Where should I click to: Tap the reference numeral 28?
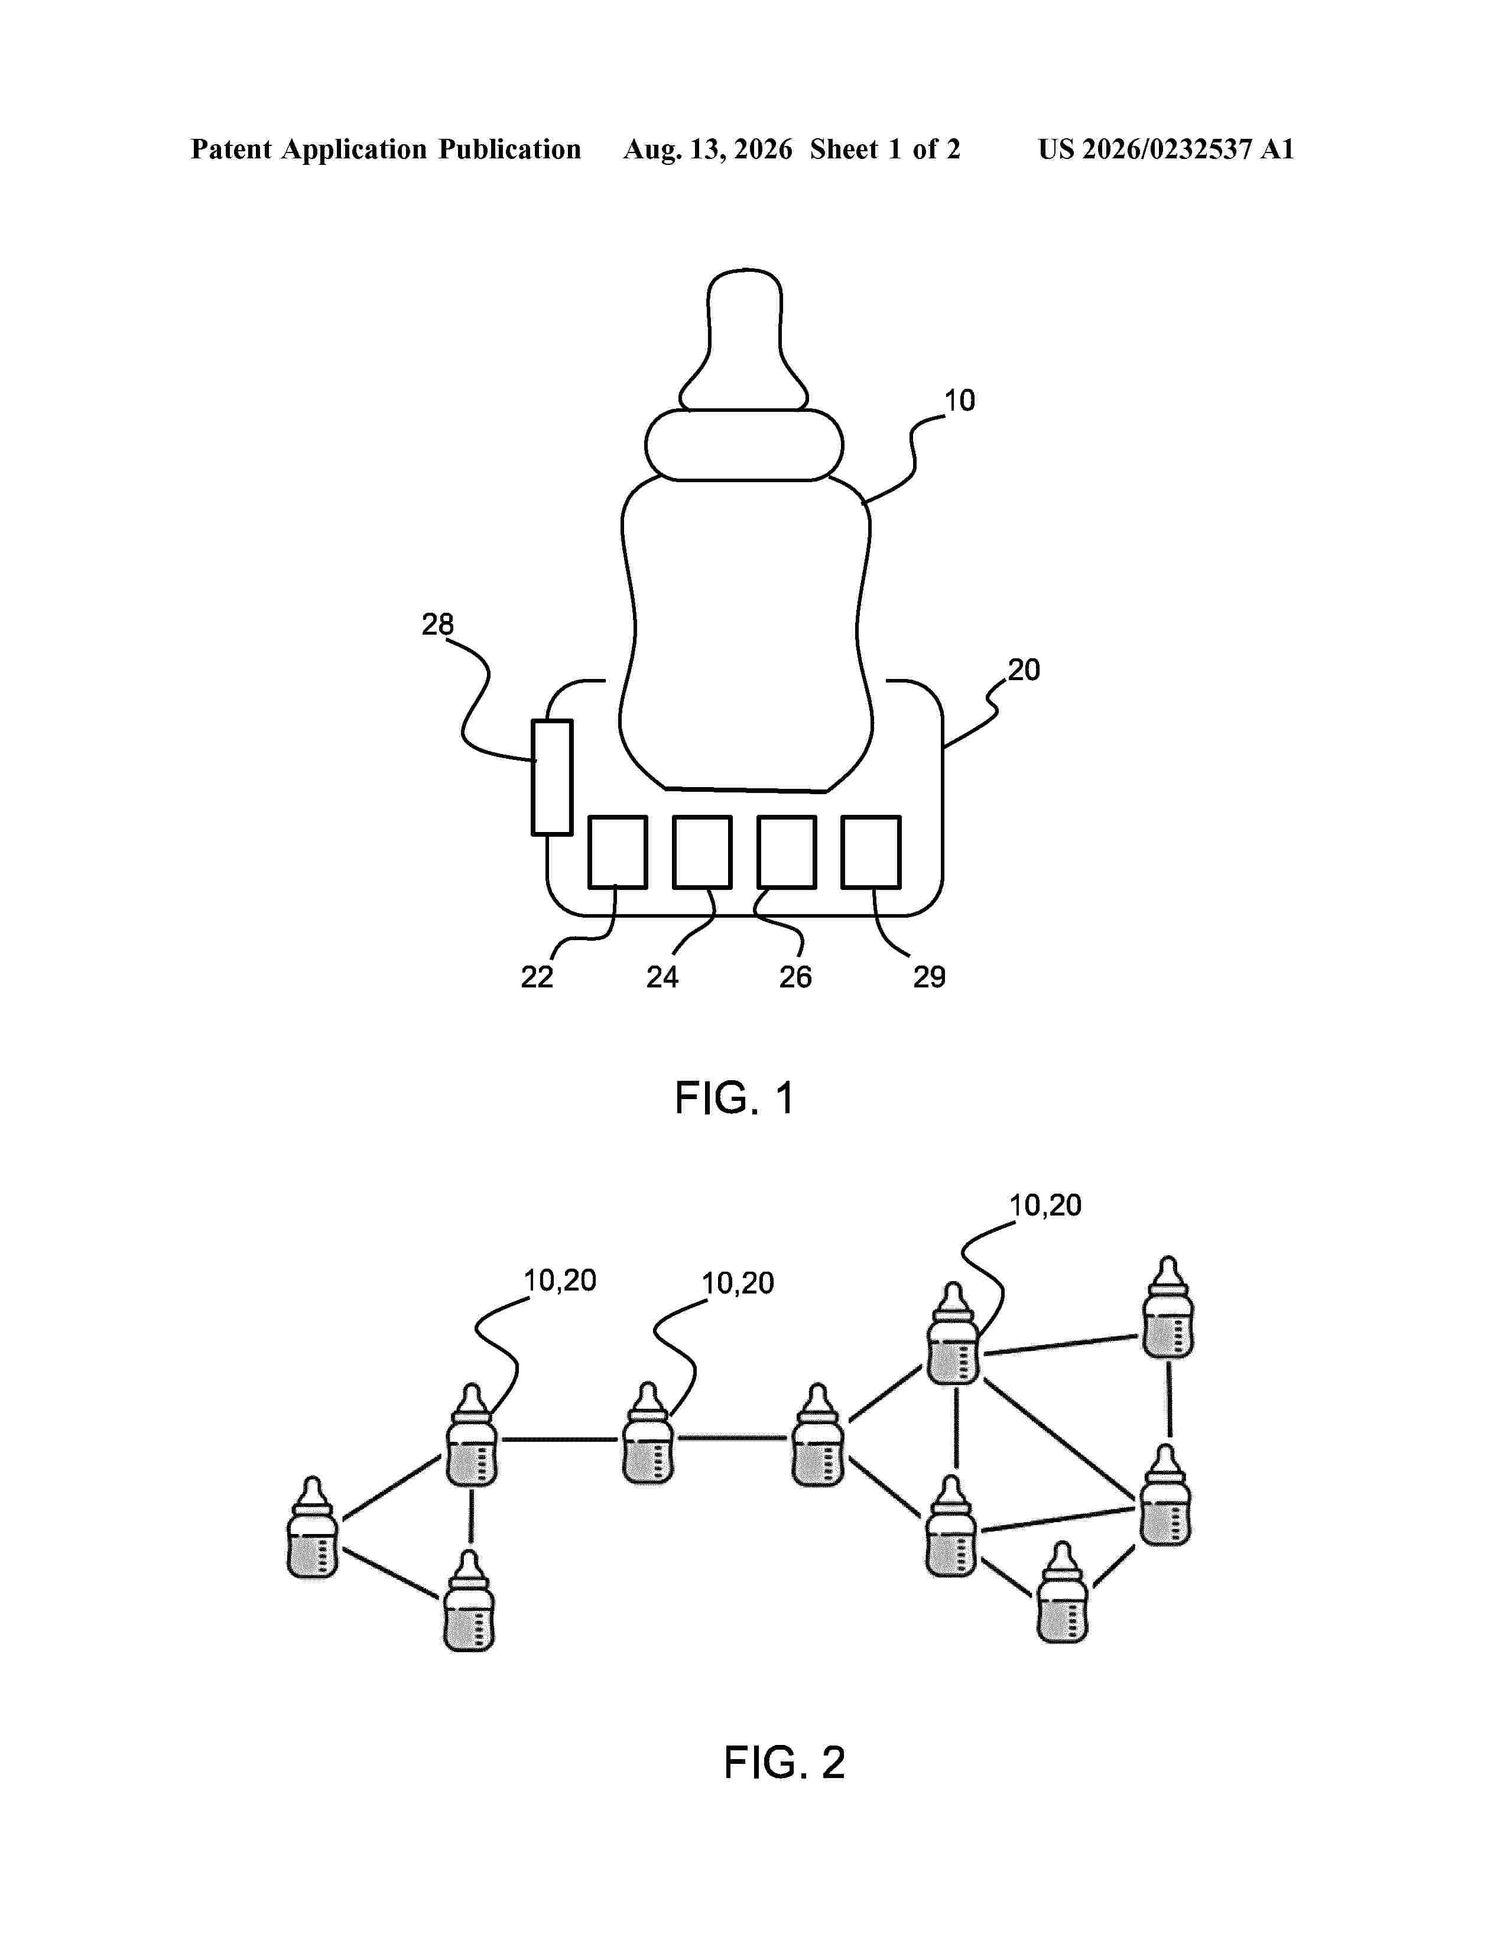point(437,624)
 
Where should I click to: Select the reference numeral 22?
point(537,978)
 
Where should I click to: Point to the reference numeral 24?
point(662,978)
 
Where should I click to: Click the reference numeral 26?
point(795,978)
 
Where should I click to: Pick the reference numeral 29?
point(930,978)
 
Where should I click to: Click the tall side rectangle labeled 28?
point(552,778)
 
